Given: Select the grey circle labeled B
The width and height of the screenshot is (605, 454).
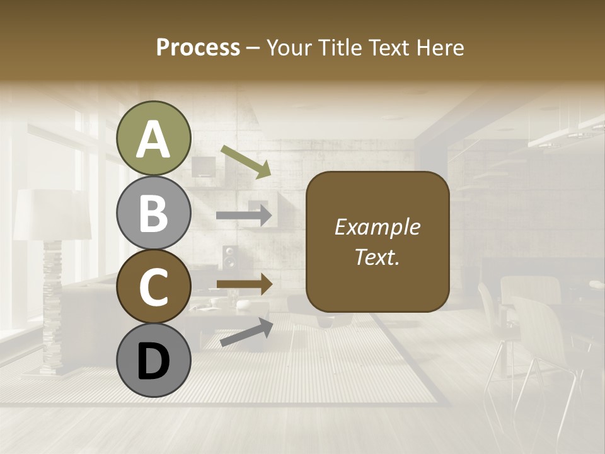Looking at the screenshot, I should [x=153, y=212].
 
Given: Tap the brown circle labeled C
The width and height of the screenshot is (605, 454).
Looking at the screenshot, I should [x=153, y=287].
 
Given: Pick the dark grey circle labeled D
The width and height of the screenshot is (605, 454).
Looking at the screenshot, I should [x=153, y=361].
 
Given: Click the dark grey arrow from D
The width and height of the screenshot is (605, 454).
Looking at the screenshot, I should [x=246, y=332].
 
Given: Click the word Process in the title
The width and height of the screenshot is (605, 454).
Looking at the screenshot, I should [x=198, y=48].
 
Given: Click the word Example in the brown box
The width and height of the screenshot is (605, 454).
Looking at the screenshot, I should [x=377, y=227].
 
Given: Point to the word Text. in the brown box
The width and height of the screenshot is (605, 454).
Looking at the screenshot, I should [x=377, y=257].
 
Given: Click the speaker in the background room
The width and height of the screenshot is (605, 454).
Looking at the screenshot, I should [x=230, y=259].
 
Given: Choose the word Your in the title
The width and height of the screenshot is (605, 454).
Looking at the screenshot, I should [x=288, y=48].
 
